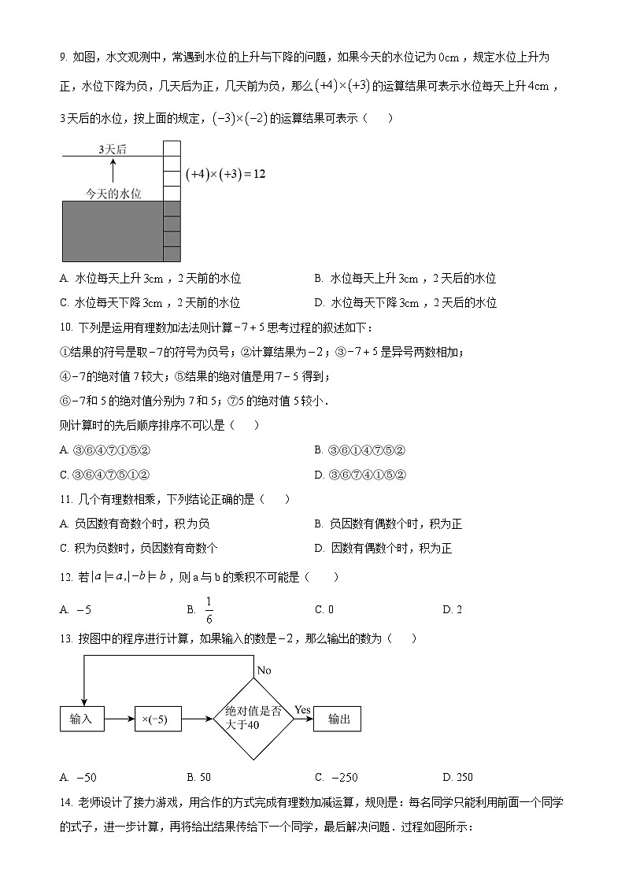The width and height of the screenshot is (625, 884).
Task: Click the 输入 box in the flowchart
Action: coord(82,719)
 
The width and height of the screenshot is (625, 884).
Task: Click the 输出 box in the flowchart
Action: coord(338,719)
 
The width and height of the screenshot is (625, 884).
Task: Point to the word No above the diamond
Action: coord(264,670)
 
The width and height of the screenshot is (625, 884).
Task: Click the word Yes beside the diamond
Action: coord(303,710)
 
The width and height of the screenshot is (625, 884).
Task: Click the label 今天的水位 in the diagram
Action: coord(113,193)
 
